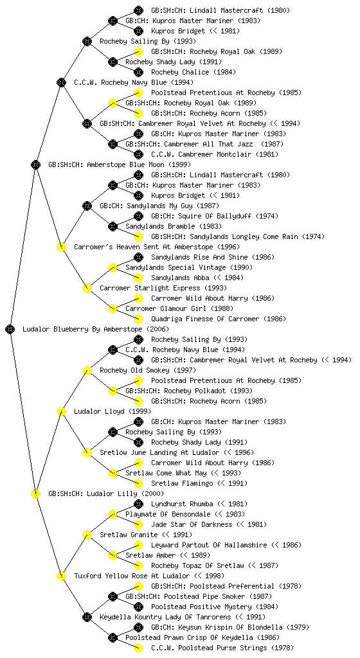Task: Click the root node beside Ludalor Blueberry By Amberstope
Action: click(10, 329)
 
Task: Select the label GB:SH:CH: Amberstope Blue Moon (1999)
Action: click(120, 164)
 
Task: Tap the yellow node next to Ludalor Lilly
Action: click(35, 493)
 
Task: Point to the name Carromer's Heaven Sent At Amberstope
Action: click(143, 247)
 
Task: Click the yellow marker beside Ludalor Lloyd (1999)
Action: click(61, 411)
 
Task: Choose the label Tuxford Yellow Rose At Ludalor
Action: click(149, 576)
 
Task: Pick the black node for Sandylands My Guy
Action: click(87, 206)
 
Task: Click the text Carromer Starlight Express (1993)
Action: click(163, 288)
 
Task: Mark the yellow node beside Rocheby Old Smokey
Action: click(87, 370)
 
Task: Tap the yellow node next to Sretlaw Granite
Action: click(87, 535)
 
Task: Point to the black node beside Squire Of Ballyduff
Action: click(138, 216)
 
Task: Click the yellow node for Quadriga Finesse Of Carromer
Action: click(138, 319)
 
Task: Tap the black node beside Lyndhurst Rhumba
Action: click(138, 504)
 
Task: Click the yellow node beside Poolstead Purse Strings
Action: click(138, 648)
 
